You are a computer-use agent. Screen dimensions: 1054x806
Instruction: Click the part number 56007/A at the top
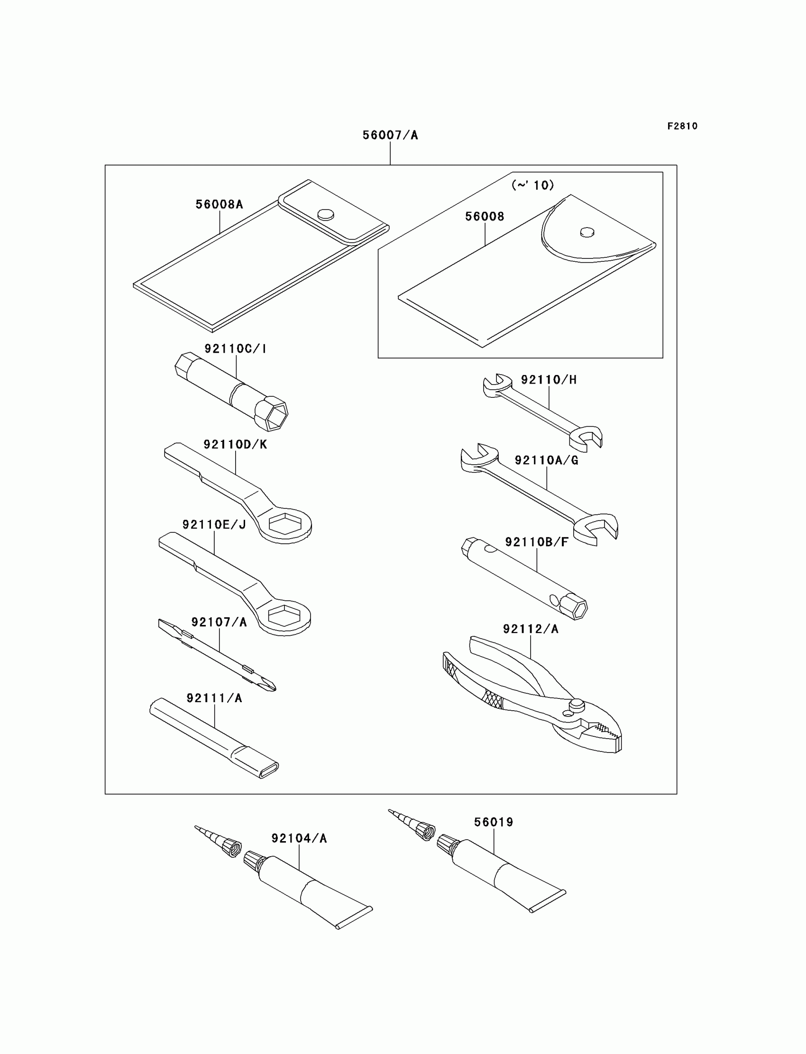click(x=390, y=135)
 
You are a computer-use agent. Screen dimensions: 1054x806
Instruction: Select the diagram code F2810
click(x=682, y=126)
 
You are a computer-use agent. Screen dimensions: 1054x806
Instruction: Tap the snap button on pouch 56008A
click(x=326, y=214)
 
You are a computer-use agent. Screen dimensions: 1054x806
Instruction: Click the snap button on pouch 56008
click(x=587, y=232)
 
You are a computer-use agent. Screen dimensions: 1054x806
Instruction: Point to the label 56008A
click(x=219, y=204)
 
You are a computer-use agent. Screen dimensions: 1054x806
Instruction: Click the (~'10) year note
click(x=532, y=185)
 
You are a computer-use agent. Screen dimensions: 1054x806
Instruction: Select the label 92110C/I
click(x=235, y=349)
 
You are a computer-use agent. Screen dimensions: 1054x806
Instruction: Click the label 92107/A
click(x=219, y=622)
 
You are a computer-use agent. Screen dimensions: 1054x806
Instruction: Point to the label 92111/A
click(x=214, y=698)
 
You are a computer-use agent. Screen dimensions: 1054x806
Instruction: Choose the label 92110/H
click(x=549, y=380)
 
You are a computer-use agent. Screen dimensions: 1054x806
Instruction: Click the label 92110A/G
click(x=547, y=460)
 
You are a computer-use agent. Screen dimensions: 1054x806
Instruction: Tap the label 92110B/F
click(x=536, y=542)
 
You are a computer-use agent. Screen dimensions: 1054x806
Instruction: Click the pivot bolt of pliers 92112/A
click(x=576, y=704)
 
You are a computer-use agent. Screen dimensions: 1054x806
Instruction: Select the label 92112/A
click(x=531, y=629)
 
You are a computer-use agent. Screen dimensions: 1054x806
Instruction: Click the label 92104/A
click(x=299, y=838)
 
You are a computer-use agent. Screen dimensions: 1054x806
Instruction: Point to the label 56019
click(x=493, y=822)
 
